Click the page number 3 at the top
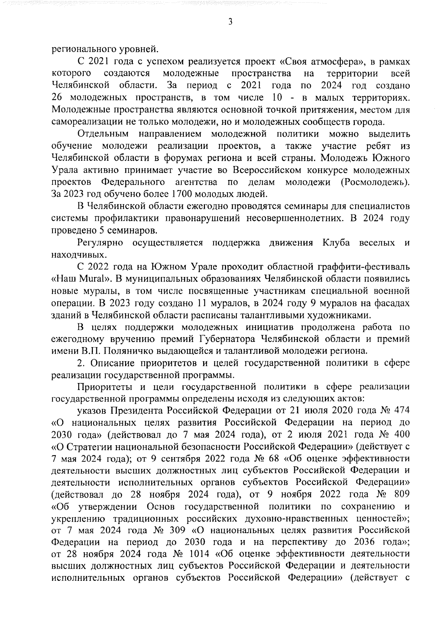230,23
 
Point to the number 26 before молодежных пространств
58,98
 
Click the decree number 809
400,495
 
